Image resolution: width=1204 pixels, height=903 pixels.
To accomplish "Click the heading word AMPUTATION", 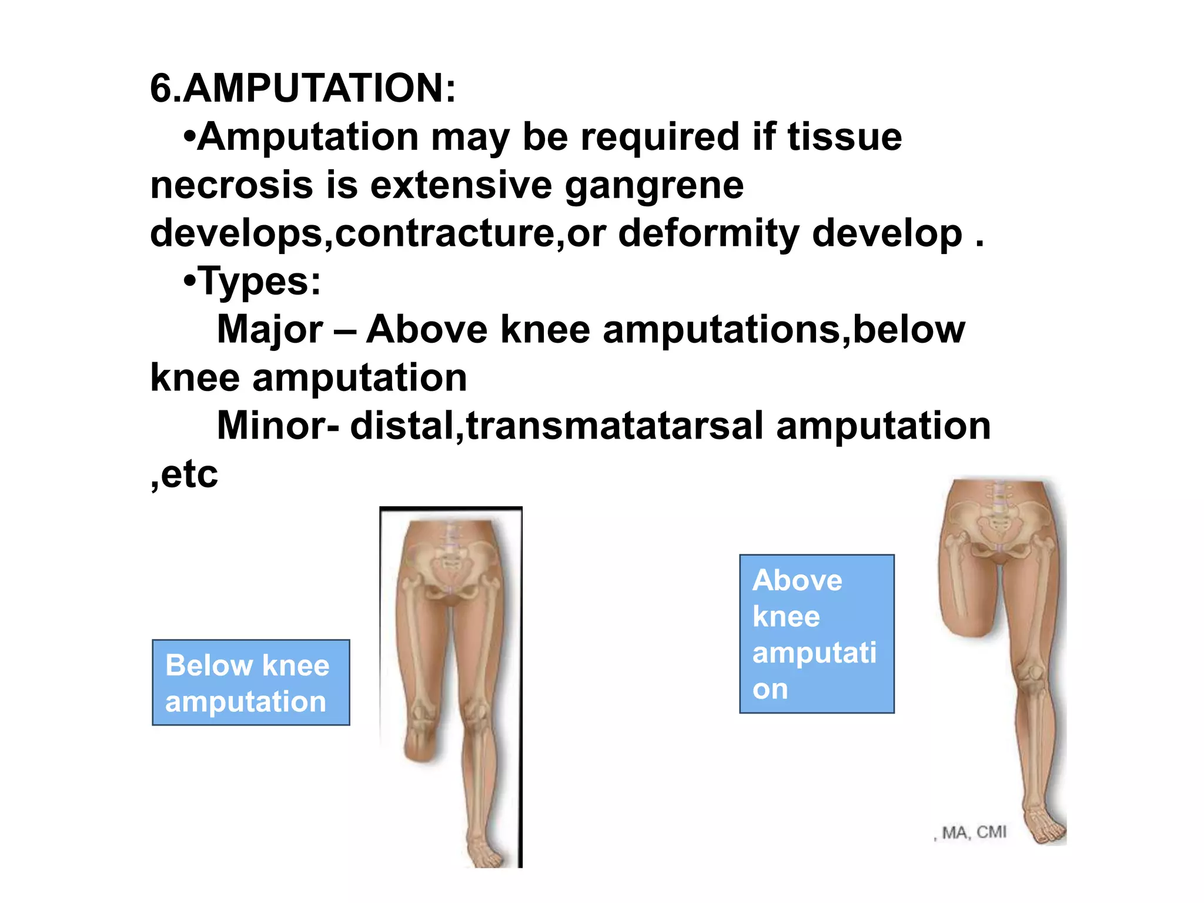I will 317,88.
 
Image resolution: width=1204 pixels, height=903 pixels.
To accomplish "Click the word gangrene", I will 654,185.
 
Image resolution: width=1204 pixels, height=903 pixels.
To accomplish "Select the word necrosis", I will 232,185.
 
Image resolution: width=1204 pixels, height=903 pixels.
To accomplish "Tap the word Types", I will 259,281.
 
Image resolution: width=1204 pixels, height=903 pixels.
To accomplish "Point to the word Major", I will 270,329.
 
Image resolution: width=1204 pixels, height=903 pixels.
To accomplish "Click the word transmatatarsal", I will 614,426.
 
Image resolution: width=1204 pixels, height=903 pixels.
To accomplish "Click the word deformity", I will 708,233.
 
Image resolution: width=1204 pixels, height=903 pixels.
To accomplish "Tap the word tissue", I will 844,137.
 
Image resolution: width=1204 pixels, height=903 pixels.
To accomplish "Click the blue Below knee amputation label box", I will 251,683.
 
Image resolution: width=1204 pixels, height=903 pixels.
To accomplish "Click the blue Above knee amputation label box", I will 817,634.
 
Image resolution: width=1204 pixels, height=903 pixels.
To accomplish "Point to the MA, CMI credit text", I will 973,832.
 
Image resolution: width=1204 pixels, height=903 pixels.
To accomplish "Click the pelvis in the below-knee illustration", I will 450,564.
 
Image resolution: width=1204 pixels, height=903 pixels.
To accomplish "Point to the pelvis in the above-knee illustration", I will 999,523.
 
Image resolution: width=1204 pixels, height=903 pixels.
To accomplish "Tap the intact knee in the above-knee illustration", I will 1030,676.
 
